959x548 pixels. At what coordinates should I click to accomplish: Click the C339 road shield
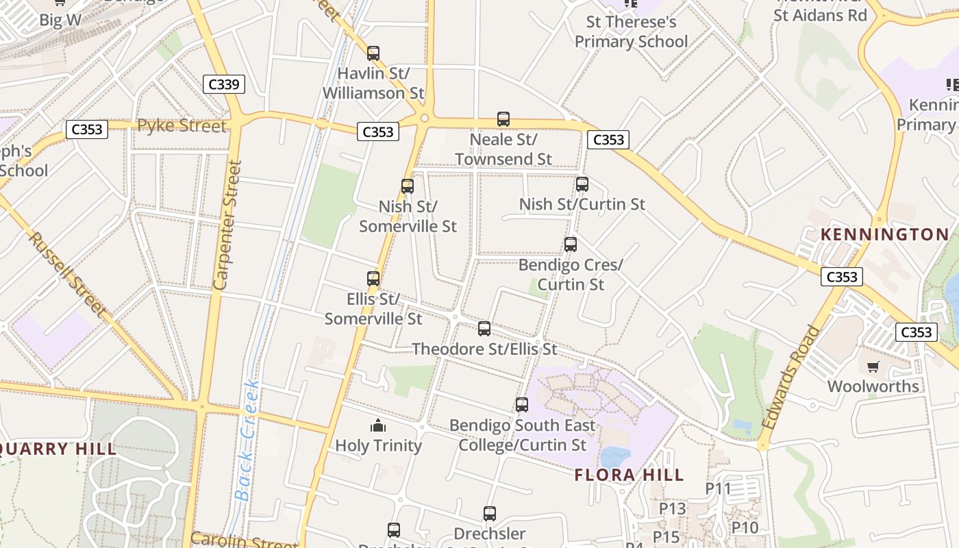point(224,84)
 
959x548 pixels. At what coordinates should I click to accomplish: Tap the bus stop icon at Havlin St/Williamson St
point(373,53)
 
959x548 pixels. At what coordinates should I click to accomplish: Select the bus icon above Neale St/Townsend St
point(503,119)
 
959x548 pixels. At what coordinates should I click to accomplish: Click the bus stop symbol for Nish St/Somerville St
point(408,186)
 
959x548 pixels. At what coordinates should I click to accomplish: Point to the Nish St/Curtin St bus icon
point(582,184)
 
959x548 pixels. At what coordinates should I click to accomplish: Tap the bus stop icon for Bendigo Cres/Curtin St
point(571,244)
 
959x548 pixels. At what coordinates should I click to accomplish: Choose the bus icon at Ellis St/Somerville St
point(373,278)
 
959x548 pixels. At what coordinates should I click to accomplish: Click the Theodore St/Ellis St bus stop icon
point(484,328)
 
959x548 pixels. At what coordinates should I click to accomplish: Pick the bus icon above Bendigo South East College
point(522,404)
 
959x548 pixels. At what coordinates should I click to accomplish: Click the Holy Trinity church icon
point(378,426)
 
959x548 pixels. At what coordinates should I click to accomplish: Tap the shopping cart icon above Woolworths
point(873,366)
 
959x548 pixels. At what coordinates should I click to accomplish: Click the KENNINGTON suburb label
point(885,234)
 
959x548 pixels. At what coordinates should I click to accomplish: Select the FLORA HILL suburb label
point(629,475)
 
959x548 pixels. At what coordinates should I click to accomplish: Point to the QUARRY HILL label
point(58,449)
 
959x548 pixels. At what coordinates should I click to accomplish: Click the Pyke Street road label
point(182,126)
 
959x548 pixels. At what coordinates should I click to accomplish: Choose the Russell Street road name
point(68,275)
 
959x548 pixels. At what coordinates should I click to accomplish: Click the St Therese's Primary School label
point(631,32)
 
